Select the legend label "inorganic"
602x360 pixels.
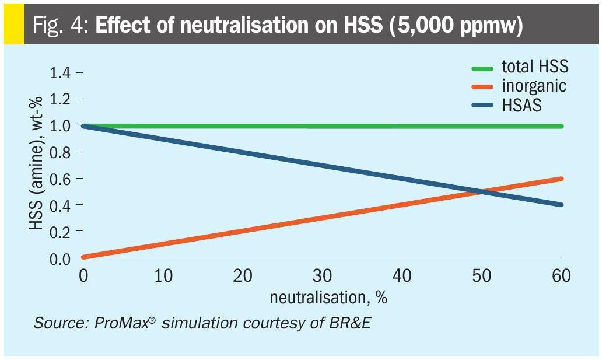tap(533, 86)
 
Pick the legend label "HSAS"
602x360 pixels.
tap(521, 105)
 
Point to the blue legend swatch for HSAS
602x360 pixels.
tap(482, 106)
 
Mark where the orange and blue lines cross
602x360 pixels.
tap(482, 192)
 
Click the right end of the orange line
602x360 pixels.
tap(561, 179)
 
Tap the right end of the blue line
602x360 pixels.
tap(561, 204)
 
